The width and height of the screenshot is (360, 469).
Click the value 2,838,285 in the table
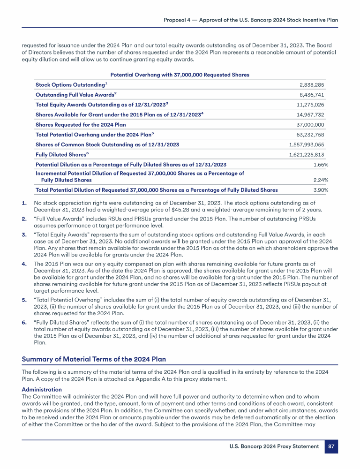[x=312, y=85]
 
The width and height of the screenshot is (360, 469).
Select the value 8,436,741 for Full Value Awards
[x=312, y=95]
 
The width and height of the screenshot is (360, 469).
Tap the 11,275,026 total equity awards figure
[x=311, y=105]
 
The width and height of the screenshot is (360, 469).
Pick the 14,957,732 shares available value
[x=311, y=115]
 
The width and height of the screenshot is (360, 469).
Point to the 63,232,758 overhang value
[x=311, y=135]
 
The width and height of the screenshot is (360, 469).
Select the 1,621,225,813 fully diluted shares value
[x=307, y=155]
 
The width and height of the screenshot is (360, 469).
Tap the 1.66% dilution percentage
[x=320, y=165]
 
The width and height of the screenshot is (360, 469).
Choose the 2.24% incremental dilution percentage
[x=320, y=180]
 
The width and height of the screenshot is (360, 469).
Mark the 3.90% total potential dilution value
[x=320, y=190]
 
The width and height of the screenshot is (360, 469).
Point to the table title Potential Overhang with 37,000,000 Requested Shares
[x=180, y=75]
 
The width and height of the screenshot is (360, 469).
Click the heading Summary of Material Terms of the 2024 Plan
[x=94, y=360]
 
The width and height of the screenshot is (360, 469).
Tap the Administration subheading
[x=42, y=390]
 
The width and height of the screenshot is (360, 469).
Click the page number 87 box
[x=331, y=446]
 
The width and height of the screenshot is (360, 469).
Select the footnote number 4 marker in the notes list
[x=24, y=264]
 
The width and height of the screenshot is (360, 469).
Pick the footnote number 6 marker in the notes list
[x=24, y=323]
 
